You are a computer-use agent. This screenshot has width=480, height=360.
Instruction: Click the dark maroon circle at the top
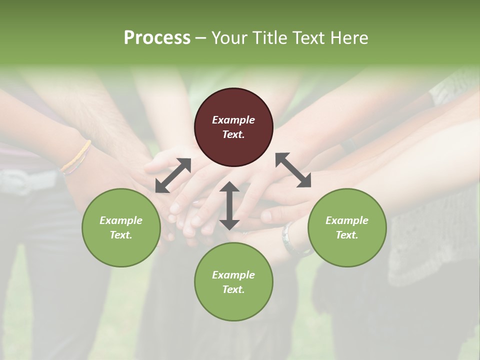[233, 127]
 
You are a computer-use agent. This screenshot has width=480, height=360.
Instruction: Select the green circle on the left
[121, 227]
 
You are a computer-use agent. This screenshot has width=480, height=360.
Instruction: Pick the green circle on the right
[347, 227]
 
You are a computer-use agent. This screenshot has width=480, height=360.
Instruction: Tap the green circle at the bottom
[233, 282]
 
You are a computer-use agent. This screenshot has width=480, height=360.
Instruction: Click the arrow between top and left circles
[173, 175]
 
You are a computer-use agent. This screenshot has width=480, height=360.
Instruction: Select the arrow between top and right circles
[293, 170]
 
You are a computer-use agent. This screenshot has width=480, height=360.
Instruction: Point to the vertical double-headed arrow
[229, 205]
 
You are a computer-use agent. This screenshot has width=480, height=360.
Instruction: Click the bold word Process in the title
[157, 37]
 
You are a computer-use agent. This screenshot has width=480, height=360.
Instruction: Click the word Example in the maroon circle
[233, 120]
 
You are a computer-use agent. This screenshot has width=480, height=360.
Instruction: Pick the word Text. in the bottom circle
[233, 289]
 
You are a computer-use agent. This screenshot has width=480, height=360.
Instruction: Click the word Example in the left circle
[121, 220]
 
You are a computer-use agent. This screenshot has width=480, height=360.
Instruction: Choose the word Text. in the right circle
[347, 235]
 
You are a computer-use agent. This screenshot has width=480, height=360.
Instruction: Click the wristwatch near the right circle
[288, 239]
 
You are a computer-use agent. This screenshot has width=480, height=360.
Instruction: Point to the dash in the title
[200, 38]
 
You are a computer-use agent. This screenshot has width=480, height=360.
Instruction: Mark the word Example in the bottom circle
[233, 275]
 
